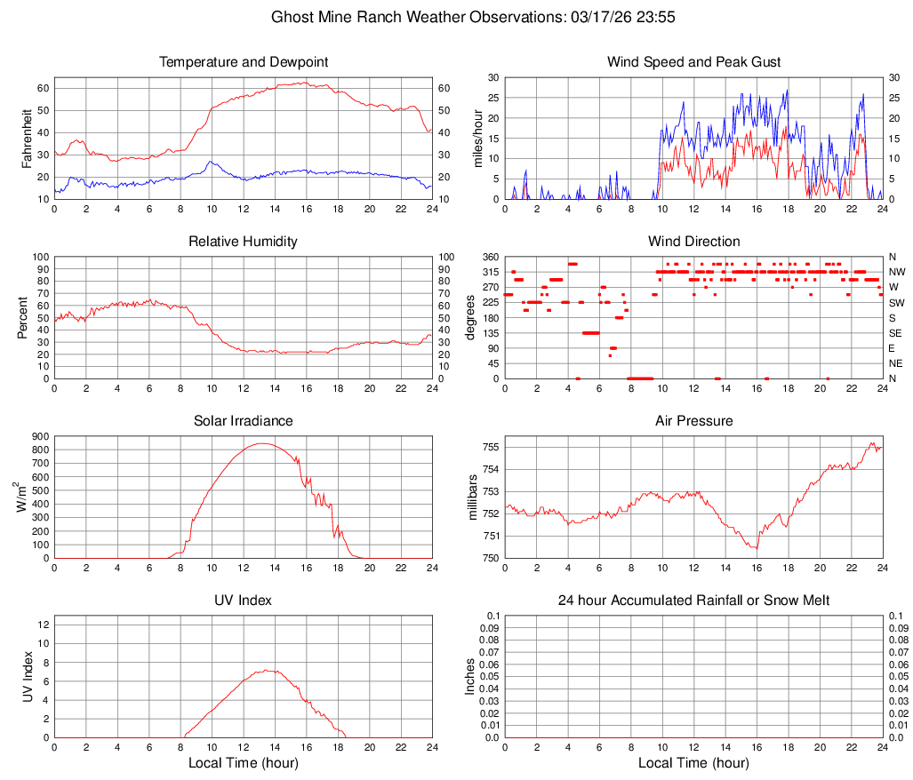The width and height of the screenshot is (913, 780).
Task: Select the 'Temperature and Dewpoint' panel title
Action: click(x=244, y=62)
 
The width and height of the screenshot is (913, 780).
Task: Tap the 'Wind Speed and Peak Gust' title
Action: click(x=694, y=62)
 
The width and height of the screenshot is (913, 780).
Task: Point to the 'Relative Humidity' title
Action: click(x=244, y=242)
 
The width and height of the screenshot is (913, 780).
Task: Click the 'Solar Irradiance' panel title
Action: click(x=244, y=421)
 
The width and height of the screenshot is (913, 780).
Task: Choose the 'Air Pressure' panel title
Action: click(x=694, y=421)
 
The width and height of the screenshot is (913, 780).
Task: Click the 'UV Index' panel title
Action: click(x=244, y=601)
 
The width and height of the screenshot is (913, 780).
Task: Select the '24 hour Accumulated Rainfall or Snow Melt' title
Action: click(x=694, y=601)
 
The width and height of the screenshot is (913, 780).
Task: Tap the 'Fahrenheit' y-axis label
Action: click(x=26, y=138)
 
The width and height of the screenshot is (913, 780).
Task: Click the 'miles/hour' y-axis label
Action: click(x=478, y=138)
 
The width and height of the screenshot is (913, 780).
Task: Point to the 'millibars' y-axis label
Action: click(x=473, y=497)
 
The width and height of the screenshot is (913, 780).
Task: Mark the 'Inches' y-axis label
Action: click(x=471, y=676)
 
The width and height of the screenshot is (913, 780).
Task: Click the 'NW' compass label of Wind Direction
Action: click(x=896, y=272)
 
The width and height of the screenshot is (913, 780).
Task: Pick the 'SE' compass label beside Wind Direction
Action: click(x=895, y=333)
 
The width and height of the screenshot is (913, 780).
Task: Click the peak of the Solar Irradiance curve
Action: click(x=262, y=443)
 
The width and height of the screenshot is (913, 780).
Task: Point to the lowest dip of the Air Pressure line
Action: click(x=757, y=548)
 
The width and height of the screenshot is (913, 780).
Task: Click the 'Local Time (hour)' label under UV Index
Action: click(x=244, y=763)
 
